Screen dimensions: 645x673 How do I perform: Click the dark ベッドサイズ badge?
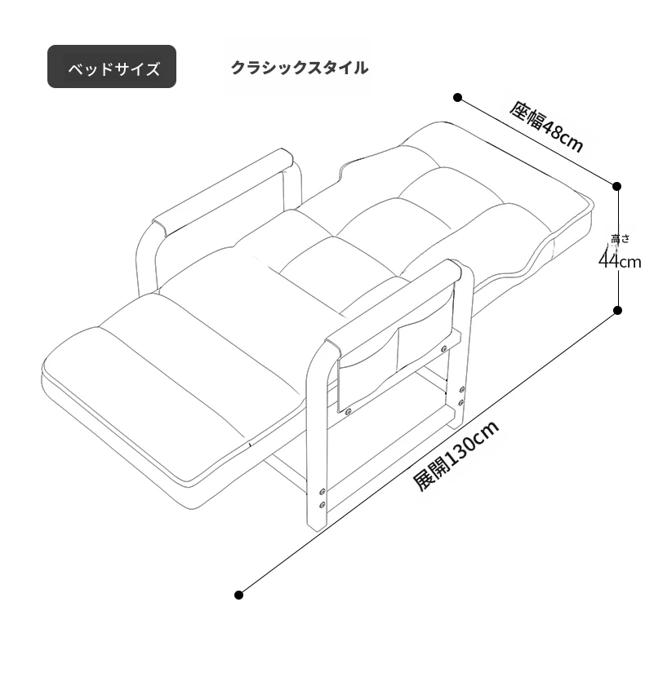[112, 67]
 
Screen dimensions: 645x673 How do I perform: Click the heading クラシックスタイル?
[300, 68]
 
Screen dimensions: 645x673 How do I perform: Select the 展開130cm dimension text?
[456, 455]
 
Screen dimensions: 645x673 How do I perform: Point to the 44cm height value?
[620, 261]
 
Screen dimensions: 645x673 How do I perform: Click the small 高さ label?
[620, 239]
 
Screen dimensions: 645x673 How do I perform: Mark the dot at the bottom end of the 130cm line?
[239, 595]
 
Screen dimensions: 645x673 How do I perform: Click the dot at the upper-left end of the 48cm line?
[458, 98]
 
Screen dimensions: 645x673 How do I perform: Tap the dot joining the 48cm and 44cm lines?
[617, 186]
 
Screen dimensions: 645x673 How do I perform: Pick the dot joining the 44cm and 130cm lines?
[617, 310]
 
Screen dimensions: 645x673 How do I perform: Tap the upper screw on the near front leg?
[322, 491]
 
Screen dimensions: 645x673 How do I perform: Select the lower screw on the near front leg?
[322, 504]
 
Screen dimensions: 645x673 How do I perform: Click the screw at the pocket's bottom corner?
[348, 412]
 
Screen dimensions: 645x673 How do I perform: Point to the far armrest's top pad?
[223, 192]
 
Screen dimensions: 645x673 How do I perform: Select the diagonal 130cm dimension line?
[428, 453]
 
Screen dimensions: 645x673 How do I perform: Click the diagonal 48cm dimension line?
[537, 142]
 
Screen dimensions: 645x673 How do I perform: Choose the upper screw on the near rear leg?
[462, 389]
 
